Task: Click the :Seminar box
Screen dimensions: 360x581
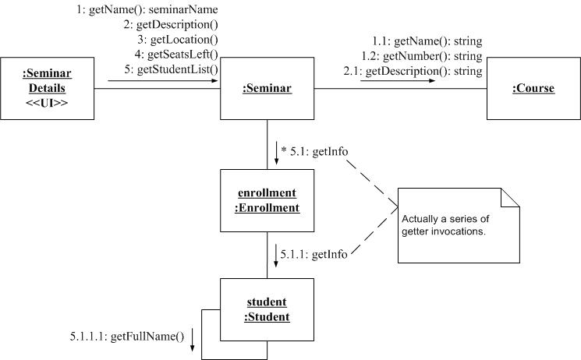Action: [267, 89]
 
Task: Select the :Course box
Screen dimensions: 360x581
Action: [533, 89]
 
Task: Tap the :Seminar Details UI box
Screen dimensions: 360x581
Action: [47, 88]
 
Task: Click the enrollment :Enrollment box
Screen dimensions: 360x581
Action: [267, 200]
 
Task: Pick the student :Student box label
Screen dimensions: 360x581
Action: [267, 309]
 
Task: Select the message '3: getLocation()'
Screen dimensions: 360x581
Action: [177, 40]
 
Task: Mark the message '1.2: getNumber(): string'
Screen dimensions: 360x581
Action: [422, 56]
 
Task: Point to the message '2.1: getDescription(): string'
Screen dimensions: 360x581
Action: [413, 72]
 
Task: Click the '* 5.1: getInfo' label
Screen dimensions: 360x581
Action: [314, 151]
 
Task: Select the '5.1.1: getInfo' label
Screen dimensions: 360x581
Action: [314, 254]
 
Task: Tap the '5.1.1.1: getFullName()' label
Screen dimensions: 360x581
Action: [126, 337]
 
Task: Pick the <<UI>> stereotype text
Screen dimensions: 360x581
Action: [47, 103]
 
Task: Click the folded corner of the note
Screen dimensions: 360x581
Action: [510, 197]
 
